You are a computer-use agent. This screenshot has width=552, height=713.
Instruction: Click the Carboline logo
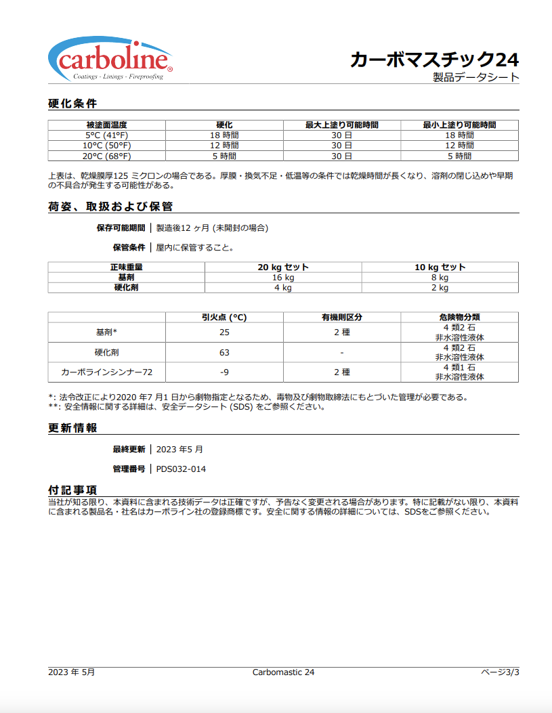click(x=110, y=60)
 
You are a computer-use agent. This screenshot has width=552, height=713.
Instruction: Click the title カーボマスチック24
click(x=434, y=60)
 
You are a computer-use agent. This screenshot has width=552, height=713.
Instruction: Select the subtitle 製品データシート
click(x=476, y=77)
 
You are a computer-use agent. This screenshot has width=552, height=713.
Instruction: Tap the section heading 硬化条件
click(x=72, y=104)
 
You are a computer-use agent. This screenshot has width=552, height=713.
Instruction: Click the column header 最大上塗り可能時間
click(x=341, y=125)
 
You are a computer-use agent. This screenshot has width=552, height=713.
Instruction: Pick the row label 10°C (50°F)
click(x=106, y=146)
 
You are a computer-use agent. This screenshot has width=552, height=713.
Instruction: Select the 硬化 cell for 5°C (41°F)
click(x=224, y=135)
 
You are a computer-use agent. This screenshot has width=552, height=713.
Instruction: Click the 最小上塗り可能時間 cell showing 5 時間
click(x=459, y=156)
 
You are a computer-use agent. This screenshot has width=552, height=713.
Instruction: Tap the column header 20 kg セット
click(x=283, y=267)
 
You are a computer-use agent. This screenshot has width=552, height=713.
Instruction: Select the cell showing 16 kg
click(x=283, y=278)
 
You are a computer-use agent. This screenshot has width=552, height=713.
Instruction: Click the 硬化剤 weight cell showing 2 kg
click(x=440, y=288)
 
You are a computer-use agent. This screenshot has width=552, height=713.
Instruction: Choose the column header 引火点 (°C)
click(x=224, y=317)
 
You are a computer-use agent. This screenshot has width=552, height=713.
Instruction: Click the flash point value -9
click(x=224, y=372)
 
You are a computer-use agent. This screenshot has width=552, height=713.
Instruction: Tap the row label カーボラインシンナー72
click(x=106, y=372)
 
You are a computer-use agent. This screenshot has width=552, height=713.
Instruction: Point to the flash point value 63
click(x=224, y=352)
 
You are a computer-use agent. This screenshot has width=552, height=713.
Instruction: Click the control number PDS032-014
click(x=181, y=469)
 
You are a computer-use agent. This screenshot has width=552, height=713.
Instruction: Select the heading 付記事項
click(x=72, y=490)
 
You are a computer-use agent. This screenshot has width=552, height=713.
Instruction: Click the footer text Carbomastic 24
click(x=283, y=672)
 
